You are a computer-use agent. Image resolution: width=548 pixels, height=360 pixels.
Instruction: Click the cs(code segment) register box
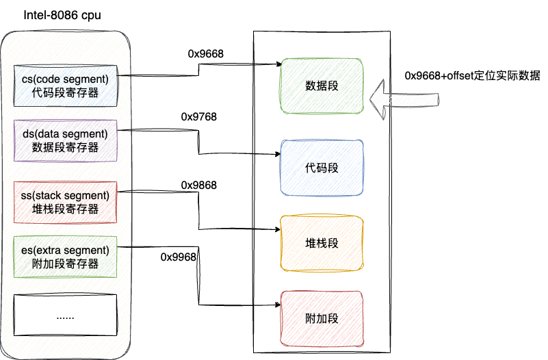tap(66, 85)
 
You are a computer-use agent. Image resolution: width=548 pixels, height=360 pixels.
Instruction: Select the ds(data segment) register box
tap(66, 140)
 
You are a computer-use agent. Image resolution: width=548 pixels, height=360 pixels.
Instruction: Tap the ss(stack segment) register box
tap(66, 202)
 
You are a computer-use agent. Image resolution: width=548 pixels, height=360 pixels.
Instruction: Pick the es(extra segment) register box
tap(66, 256)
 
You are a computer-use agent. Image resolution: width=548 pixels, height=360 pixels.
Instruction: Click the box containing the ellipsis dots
tap(66, 316)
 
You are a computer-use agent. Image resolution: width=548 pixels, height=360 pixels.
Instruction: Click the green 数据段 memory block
tap(322, 86)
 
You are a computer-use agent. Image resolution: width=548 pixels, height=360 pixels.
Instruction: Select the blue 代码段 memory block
tap(322, 168)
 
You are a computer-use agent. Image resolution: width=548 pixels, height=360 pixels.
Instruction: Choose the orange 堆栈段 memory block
tap(322, 243)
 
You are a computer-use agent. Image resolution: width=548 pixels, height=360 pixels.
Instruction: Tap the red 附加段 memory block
tap(322, 318)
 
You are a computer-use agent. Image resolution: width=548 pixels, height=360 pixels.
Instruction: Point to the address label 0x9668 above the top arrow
tap(206, 53)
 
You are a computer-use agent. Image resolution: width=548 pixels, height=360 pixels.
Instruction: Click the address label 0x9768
tap(199, 117)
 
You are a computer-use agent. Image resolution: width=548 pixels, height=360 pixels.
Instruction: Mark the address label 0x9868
tap(199, 185)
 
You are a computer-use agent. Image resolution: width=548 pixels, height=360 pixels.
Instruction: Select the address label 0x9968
tap(179, 257)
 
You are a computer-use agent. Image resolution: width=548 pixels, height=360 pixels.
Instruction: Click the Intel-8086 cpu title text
tap(58, 15)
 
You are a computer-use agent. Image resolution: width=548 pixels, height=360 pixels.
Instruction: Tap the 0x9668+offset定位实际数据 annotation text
tap(472, 75)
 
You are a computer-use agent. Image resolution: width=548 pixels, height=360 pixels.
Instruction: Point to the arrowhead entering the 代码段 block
tap(278, 155)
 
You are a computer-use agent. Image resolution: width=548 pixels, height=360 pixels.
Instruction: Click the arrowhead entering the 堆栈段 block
tap(278, 229)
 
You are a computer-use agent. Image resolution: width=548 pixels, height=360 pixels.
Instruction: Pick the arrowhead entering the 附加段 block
tap(278, 304)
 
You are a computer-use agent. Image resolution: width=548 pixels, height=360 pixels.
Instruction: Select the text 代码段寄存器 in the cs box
tap(66, 92)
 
